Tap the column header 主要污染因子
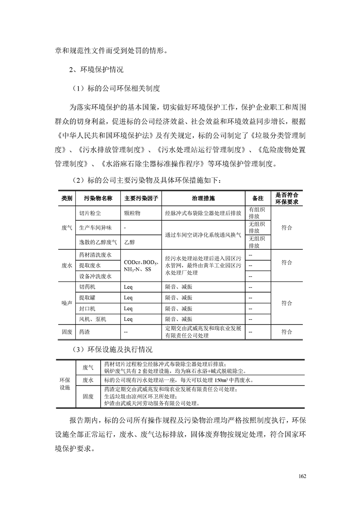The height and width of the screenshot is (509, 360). tap(141, 198)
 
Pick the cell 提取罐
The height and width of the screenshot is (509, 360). tap(87, 298)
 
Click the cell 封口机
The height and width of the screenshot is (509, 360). tap(87, 308)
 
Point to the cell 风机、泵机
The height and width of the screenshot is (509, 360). tap(93, 319)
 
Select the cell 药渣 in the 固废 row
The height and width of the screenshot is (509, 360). tap(84, 332)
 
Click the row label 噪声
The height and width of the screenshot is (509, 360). tap(67, 303)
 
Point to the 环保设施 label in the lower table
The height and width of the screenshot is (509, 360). tap(65, 384)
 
